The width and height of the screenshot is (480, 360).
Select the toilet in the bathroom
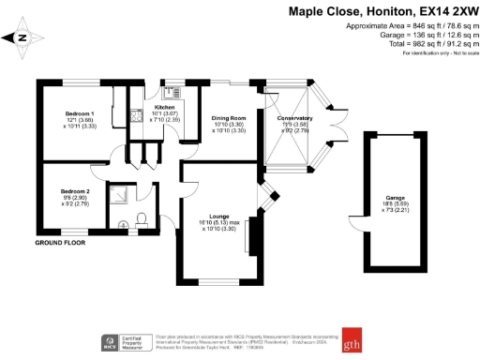(x=141, y=220)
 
